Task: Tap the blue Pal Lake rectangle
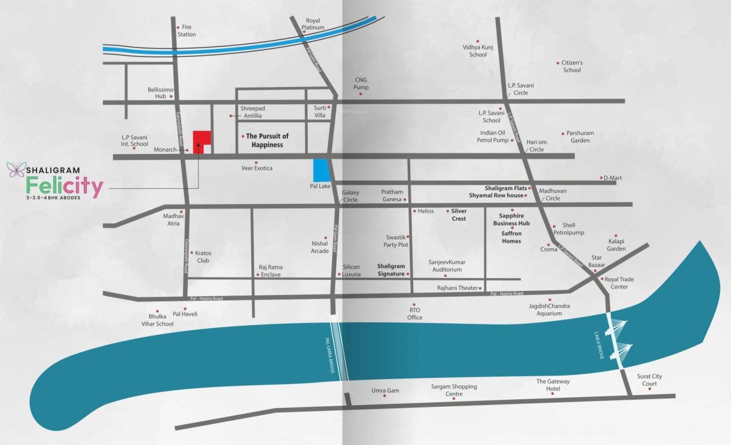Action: (320, 169)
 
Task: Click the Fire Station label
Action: (187, 31)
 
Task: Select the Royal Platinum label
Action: (313, 24)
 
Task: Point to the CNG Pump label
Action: (361, 83)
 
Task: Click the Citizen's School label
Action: (572, 66)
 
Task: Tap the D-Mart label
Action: (612, 178)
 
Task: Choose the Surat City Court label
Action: (649, 380)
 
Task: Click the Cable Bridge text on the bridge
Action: (600, 346)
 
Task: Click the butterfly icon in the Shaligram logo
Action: (16, 170)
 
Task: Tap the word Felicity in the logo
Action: (64, 187)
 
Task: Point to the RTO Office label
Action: (414, 313)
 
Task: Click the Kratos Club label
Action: (203, 257)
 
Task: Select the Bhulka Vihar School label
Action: (160, 320)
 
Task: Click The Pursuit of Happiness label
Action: (267, 140)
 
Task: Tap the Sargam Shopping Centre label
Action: (454, 390)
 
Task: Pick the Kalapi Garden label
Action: (616, 245)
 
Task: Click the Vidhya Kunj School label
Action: (478, 51)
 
